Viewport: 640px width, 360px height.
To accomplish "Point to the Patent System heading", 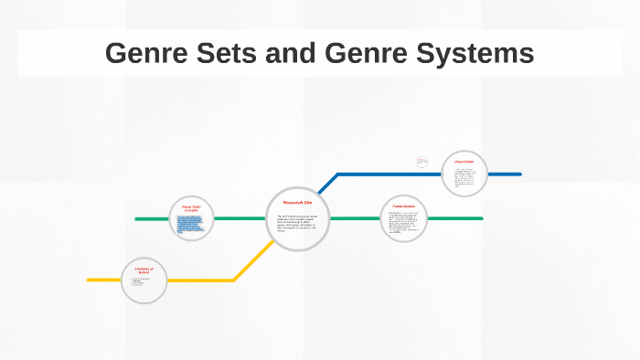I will click(x=403, y=206).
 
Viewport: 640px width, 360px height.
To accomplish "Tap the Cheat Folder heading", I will click(x=464, y=162).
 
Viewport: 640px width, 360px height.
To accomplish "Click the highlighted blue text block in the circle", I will click(x=190, y=225).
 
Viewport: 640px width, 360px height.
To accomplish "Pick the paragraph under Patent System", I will click(x=403, y=223).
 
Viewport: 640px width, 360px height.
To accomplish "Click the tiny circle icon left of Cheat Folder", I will click(x=422, y=162).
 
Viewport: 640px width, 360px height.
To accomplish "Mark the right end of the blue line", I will click(x=519, y=174).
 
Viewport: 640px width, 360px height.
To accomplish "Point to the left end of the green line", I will click(x=137, y=219).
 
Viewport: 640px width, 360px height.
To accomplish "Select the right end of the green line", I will click(x=481, y=218).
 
